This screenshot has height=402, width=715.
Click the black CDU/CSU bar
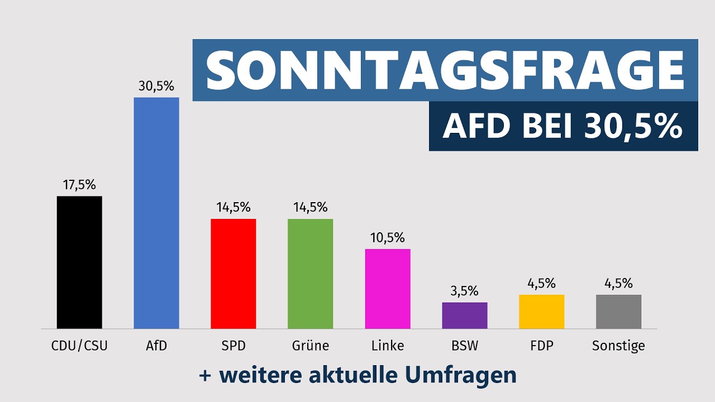coord(79,262)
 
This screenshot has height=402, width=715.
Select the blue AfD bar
coord(156,213)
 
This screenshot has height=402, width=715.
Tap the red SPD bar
coord(233,274)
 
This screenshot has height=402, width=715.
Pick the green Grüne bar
coord(310,274)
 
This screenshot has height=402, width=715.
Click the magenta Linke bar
coord(388,289)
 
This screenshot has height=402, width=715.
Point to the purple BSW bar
coord(465,315)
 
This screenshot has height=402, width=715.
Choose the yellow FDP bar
coord(542,312)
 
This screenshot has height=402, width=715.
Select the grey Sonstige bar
coord(618,312)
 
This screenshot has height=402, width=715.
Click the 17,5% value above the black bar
coord(79,185)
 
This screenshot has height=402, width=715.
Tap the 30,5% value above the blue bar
coord(156,86)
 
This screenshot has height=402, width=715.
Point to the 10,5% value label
coord(388,238)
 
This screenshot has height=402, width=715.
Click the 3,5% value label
coord(464,291)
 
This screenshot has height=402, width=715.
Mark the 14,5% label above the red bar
coord(233,207)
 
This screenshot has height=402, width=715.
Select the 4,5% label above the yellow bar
coord(541,283)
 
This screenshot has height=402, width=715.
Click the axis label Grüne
coord(311,346)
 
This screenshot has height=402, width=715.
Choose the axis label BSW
coord(465,346)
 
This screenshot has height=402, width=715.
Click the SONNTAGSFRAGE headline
coord(445,70)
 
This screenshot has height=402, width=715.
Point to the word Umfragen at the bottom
coord(461,376)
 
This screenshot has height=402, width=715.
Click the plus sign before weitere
coord(205,376)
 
